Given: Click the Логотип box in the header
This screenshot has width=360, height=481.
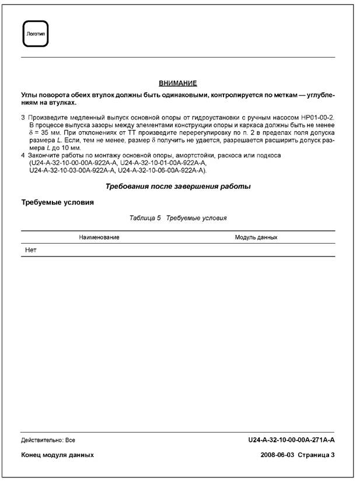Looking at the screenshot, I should (x=34, y=34).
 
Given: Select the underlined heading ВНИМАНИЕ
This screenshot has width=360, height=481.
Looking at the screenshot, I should (x=178, y=84).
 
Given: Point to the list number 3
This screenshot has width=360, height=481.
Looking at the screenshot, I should (x=23, y=118).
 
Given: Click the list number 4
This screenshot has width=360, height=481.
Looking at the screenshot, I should (x=23, y=156).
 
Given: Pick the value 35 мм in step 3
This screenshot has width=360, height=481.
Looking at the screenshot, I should (x=47, y=133).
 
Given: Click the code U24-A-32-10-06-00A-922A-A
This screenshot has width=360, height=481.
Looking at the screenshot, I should (x=162, y=171).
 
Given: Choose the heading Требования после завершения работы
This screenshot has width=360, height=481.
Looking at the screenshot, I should (x=178, y=187).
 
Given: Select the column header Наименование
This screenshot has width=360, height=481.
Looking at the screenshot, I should (x=100, y=237).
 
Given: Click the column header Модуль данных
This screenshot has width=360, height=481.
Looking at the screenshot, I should (x=256, y=237).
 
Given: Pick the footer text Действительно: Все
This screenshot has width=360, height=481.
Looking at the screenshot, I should (x=48, y=440).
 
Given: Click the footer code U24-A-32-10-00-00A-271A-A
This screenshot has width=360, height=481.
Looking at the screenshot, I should (x=291, y=440).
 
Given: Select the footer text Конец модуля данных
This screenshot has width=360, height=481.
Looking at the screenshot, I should (x=57, y=455).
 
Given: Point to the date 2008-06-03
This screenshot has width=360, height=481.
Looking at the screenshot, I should (x=277, y=455).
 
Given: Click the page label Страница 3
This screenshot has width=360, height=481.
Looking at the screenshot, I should (x=316, y=455).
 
